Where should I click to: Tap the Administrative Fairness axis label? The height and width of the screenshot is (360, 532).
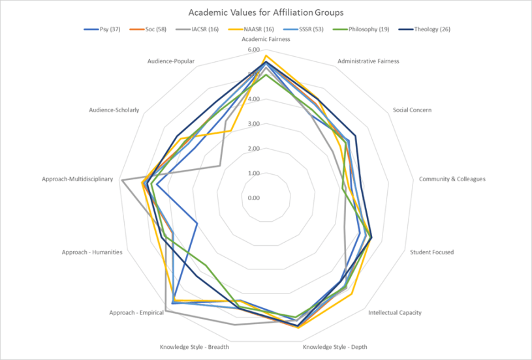point(368,61)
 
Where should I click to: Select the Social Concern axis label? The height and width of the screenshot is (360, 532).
point(412,110)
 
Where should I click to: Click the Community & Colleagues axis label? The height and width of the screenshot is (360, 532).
point(452,179)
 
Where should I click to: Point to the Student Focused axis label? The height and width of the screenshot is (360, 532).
point(431,252)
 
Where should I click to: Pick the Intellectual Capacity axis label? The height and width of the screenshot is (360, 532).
point(395,312)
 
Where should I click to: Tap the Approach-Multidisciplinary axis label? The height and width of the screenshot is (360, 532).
point(78,179)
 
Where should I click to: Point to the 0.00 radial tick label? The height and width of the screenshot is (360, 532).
point(253,198)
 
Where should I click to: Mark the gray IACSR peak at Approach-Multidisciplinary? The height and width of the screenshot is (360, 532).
point(122,180)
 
